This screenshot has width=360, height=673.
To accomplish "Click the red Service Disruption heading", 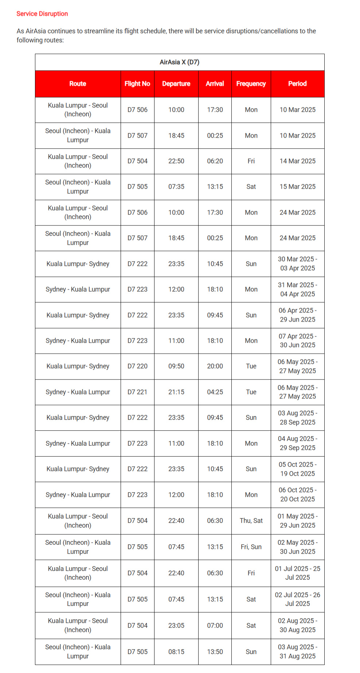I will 42,14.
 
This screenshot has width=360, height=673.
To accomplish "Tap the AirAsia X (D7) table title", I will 179,62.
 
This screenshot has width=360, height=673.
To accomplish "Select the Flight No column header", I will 137,84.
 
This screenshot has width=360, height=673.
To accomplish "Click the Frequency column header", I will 251,84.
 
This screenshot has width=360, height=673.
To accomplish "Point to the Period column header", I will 297,84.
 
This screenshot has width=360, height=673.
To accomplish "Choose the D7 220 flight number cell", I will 137,366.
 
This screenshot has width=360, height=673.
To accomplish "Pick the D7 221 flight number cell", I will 137,392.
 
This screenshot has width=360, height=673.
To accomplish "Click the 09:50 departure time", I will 176,366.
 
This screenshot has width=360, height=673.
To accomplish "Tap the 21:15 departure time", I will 176,392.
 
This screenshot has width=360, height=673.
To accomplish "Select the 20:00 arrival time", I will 215,366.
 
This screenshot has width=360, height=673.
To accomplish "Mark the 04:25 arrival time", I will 215,392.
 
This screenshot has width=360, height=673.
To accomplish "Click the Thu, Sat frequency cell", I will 251,521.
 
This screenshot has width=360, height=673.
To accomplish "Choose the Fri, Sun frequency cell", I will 251,547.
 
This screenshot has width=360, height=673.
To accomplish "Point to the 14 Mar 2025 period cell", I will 297,161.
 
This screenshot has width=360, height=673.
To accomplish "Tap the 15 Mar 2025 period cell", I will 297,187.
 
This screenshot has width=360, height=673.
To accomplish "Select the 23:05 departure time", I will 176,626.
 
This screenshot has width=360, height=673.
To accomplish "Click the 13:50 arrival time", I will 215,652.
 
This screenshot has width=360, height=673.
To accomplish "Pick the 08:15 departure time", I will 176,652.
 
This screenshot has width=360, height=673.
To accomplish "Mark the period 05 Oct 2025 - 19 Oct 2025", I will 297,469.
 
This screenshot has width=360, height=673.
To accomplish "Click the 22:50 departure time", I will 176,161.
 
